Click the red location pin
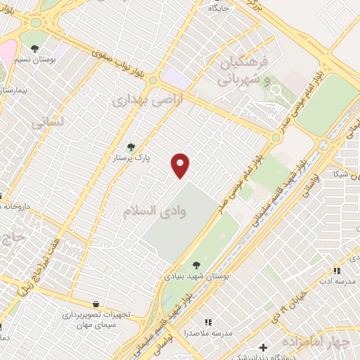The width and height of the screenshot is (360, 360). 181,166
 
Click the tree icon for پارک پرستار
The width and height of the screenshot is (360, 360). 131,147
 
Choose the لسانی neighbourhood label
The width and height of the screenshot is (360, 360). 48,122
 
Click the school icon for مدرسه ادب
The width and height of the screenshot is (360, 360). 337,271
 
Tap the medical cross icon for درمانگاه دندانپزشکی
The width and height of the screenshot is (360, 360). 263,347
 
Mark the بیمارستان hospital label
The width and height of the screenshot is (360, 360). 14,91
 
